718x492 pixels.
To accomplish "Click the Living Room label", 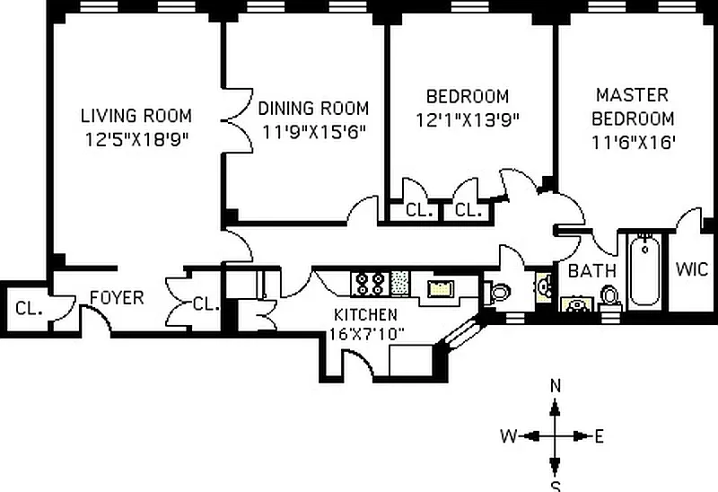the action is pos(136,116).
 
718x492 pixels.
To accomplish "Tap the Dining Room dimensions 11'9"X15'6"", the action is pos(313,132).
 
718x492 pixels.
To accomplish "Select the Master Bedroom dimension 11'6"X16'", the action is pos(634,143).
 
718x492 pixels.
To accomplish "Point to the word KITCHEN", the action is pos(365,315).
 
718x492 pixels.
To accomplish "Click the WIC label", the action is pos(691,269).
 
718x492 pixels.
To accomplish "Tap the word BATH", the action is pos(592,271).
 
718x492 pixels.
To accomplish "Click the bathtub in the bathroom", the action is pos(644,270).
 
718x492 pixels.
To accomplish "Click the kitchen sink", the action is pos(440,288).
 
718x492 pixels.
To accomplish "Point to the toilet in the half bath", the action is pos(497,292).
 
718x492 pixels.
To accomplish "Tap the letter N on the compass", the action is pos(555,386).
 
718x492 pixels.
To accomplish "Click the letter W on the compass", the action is pos(508,436).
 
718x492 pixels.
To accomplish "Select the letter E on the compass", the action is pos(599,436).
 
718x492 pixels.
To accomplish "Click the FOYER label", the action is pos(117,298).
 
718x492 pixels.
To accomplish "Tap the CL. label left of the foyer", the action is pos(29,308).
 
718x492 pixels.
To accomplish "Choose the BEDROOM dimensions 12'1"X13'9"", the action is pos(468,120).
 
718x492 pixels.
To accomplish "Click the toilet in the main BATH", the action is pos(609,298).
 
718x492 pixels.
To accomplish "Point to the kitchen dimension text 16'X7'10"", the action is pos(366,334).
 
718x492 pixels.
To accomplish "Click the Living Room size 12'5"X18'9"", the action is pos(137,139).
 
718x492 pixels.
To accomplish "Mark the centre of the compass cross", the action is pos(555,435).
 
